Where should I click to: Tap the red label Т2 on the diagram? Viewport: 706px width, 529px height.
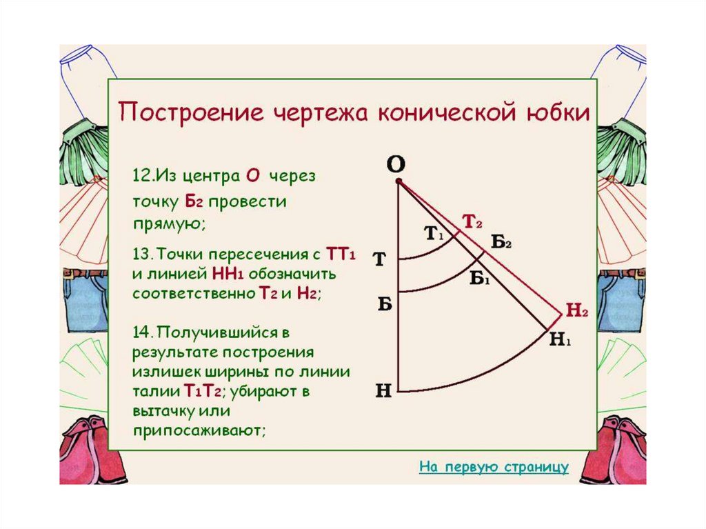coord(472,221)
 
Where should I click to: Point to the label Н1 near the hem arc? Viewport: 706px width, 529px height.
coord(561,339)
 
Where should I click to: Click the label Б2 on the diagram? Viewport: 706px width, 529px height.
coord(501,241)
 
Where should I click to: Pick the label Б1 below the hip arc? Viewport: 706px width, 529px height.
coord(479,278)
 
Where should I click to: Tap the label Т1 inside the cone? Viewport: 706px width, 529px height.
coord(432,234)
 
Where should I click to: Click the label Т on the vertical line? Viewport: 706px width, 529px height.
coord(379,261)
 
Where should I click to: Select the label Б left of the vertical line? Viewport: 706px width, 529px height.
coord(384,304)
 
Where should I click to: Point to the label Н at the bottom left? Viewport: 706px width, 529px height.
coord(383,391)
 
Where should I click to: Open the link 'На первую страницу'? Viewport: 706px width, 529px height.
coord(494,467)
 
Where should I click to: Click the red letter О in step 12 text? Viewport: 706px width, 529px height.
coord(252,176)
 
